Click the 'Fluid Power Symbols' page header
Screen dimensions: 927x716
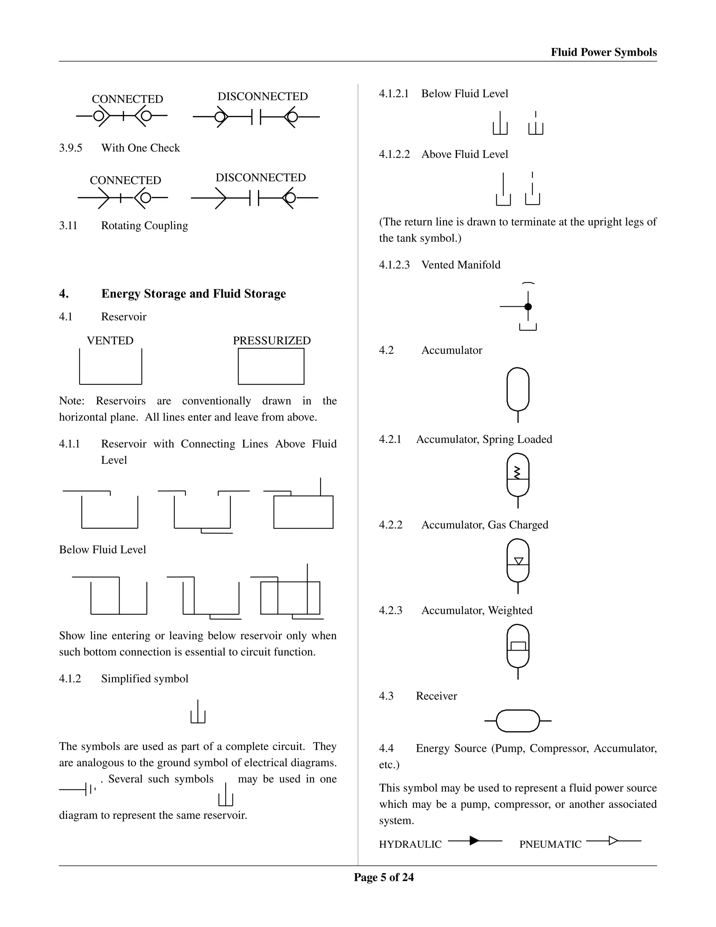pyautogui.click(x=603, y=52)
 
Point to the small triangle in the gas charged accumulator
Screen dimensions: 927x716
pyautogui.click(x=518, y=561)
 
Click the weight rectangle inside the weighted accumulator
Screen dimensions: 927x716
pyautogui.click(x=518, y=646)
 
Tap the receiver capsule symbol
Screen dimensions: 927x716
pyautogui.click(x=517, y=721)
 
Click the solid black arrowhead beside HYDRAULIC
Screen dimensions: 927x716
pyautogui.click(x=474, y=840)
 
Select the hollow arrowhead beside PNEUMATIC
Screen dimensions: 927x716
pyautogui.click(x=613, y=840)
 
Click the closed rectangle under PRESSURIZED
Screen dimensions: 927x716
pyautogui.click(x=271, y=366)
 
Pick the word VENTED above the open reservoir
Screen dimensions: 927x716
pyautogui.click(x=110, y=340)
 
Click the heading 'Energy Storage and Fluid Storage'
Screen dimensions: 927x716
pyautogui.click(x=193, y=294)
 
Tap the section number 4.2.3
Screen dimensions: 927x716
pyautogui.click(x=390, y=610)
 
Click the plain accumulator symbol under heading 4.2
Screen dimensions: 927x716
pyautogui.click(x=517, y=390)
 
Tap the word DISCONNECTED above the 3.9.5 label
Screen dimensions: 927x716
pyautogui.click(x=263, y=96)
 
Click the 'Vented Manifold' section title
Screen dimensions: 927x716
pyautogui.click(x=461, y=265)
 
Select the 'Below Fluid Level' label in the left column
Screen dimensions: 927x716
pyautogui.click(x=102, y=550)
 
